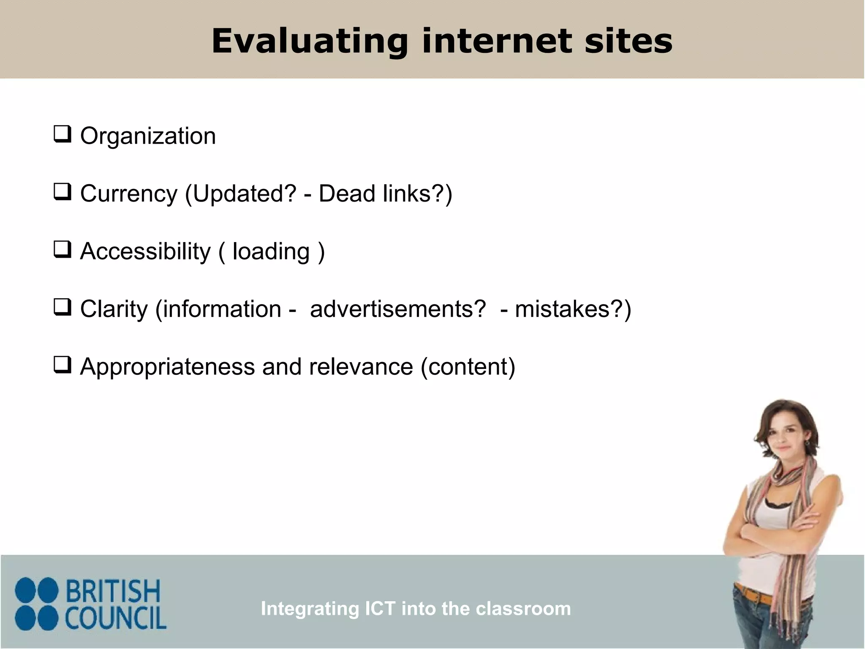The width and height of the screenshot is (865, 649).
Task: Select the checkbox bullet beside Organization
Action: click(62, 134)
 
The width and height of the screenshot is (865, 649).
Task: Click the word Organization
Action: click(148, 136)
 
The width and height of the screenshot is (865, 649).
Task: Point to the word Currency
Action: click(129, 194)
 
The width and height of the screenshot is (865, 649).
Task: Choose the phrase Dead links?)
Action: click(385, 194)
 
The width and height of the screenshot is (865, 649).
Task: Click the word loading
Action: click(271, 251)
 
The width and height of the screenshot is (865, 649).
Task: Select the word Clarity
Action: click(114, 309)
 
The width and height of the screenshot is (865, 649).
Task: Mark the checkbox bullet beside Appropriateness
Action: click(62, 365)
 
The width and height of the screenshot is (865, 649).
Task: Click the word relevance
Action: click(361, 366)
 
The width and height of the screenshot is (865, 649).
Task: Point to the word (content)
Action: click(468, 366)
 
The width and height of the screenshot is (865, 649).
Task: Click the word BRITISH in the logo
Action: click(113, 592)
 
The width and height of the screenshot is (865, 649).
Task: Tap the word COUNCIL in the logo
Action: click(116, 619)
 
